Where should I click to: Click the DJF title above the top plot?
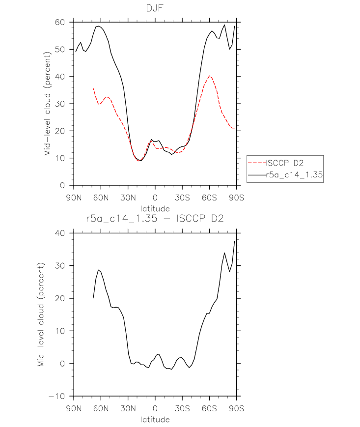coord(155,8)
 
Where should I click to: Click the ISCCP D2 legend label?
coord(285,163)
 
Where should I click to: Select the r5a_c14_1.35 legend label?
coord(294,174)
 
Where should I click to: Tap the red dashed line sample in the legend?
coord(257,163)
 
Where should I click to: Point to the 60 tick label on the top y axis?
coord(60,22)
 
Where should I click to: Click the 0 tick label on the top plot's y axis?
coord(62,185)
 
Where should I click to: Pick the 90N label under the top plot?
coord(74,198)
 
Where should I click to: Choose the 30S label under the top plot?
coord(182,198)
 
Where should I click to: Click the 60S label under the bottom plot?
coord(209,408)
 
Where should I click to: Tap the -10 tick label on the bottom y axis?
coord(57,396)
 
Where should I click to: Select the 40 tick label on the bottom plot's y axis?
coord(60,233)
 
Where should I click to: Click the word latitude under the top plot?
coord(155,209)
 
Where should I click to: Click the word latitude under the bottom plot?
coord(155,419)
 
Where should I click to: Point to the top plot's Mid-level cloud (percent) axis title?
coord(47,104)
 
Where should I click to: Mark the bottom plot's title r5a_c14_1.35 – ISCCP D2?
coord(155,218)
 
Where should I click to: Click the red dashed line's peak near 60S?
coord(209,76)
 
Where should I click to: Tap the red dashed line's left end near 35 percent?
coord(93,88)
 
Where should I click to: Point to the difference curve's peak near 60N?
coord(99,270)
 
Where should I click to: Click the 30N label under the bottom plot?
coord(128,408)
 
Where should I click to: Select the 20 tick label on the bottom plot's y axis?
coord(60,298)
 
